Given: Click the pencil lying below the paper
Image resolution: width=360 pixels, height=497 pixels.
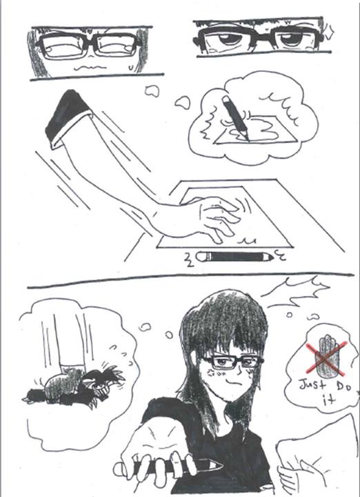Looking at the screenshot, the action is (x=234, y=256).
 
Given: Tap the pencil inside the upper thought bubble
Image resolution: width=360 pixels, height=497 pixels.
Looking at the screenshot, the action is (x=236, y=118).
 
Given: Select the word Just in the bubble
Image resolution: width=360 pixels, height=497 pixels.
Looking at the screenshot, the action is (x=312, y=386).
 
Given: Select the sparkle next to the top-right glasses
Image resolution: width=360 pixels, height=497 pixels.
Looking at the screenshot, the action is (x=329, y=34).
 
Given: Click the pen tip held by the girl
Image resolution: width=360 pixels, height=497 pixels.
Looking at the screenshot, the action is (x=216, y=466).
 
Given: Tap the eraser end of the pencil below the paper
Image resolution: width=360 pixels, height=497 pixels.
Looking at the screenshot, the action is (x=201, y=256).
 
